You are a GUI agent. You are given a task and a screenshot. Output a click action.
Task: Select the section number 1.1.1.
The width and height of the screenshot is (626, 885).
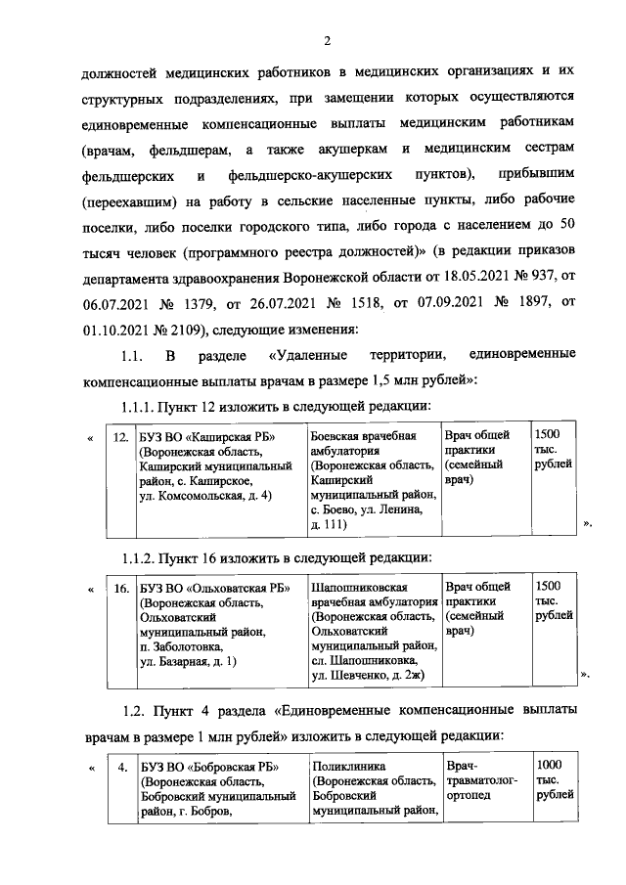[x=139, y=404]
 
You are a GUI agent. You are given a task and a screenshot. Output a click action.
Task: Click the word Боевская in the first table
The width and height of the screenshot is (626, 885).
[x=336, y=436]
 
